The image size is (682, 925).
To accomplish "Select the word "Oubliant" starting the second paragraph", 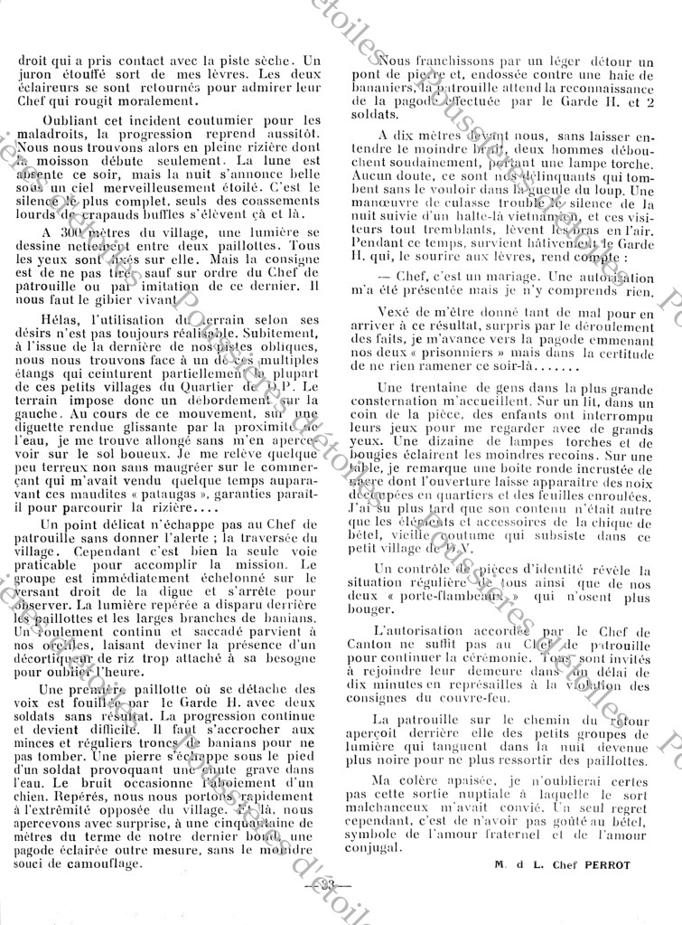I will (x=62, y=120).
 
